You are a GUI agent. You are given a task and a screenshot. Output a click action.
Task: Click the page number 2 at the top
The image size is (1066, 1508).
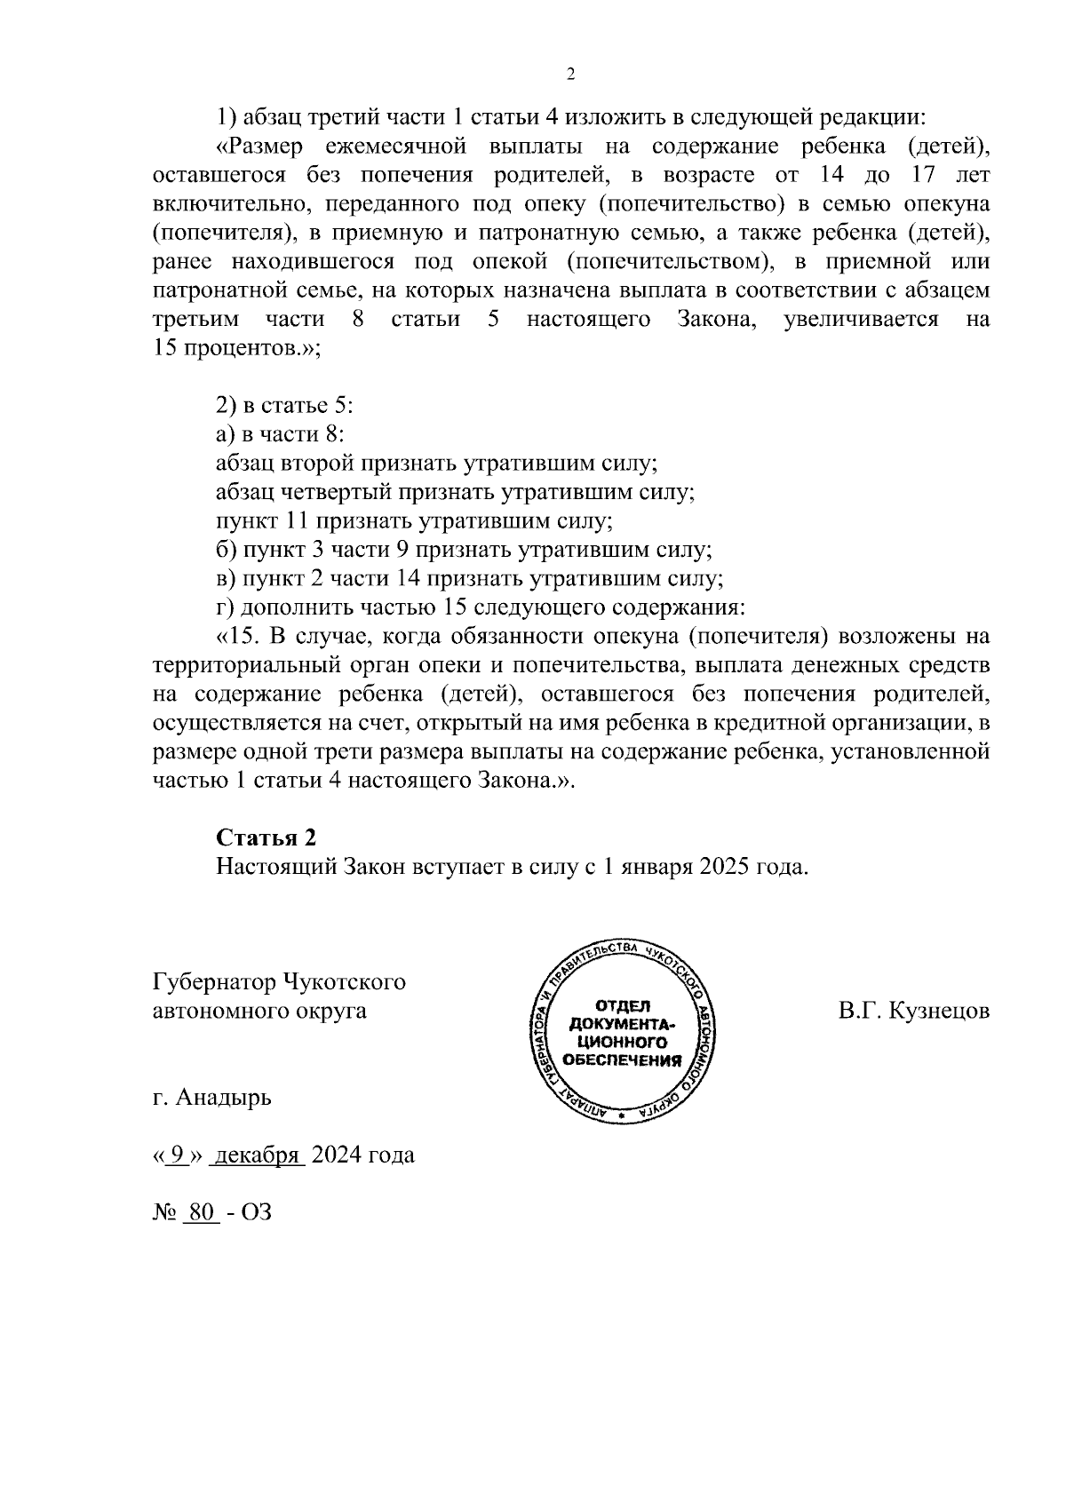pos(570,75)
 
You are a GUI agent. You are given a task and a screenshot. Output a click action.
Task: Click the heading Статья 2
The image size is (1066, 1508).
pos(266,837)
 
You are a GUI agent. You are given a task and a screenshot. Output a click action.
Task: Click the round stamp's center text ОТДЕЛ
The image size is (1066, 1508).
pos(622,1005)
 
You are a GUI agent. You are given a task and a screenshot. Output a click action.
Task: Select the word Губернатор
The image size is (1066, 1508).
pos(213,982)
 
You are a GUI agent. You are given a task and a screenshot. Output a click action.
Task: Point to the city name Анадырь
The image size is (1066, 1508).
pos(224,1098)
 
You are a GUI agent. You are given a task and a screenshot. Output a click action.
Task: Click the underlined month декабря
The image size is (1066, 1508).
pos(258,1155)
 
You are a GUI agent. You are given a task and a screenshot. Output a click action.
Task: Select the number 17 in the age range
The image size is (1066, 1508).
pos(926,174)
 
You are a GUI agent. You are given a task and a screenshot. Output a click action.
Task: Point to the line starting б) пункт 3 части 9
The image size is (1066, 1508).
pos(464,550)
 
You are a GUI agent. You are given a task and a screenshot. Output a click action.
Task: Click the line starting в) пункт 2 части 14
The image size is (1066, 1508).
pos(469,578)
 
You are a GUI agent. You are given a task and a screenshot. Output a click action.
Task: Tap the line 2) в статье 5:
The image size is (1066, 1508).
pos(285,406)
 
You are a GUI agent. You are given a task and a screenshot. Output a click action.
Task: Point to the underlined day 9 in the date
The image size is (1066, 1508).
pos(179,1155)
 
